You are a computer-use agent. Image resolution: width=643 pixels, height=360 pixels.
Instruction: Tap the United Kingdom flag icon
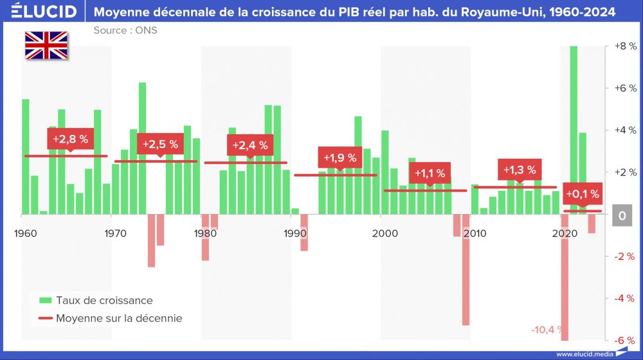46,45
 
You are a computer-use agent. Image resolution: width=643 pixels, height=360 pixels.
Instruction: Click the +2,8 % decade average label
70,138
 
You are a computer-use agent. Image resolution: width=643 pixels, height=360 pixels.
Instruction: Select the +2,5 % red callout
160,144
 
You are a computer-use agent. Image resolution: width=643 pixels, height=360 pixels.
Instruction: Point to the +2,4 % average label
249,145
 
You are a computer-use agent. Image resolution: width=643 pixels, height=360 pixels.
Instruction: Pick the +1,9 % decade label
340,157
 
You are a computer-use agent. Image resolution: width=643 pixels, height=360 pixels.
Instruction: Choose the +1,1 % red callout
430,173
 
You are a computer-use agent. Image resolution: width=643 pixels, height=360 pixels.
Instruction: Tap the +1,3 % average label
519,170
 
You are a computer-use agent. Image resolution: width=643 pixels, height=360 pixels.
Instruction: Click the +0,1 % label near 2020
582,194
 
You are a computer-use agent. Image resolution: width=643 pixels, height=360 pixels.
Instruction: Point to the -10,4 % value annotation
545,330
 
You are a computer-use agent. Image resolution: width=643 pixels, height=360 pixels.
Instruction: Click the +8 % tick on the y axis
624,47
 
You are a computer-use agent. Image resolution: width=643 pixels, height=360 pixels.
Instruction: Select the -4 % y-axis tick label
624,298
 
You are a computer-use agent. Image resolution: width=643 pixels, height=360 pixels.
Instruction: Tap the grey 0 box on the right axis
622,217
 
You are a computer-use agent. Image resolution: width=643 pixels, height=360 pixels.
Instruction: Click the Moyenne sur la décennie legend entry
110,318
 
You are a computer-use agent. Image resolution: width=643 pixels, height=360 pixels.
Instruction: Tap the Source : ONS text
125,30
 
